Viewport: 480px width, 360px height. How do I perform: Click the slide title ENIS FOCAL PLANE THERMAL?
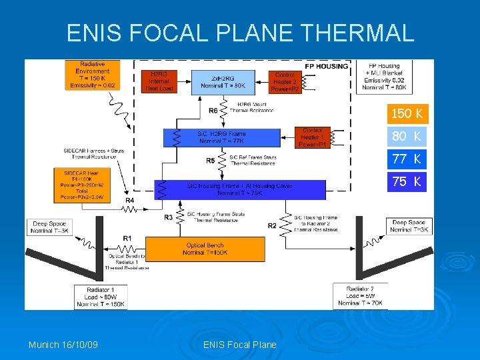pos(240,32)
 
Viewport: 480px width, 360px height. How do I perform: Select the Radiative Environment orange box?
pos(93,75)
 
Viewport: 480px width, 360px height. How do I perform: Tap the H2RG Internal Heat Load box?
pos(159,81)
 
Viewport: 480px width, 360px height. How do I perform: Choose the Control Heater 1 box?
pos(312,137)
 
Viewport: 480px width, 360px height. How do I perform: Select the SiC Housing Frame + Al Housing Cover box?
pos(239,189)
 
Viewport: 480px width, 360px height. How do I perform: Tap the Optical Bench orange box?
pos(205,249)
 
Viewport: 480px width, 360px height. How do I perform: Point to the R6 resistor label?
pos(213,111)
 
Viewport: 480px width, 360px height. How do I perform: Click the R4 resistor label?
pos(130,200)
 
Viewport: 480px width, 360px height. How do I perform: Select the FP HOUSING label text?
pos(327,66)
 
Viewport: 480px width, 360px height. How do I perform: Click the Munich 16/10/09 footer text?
pos(63,345)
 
